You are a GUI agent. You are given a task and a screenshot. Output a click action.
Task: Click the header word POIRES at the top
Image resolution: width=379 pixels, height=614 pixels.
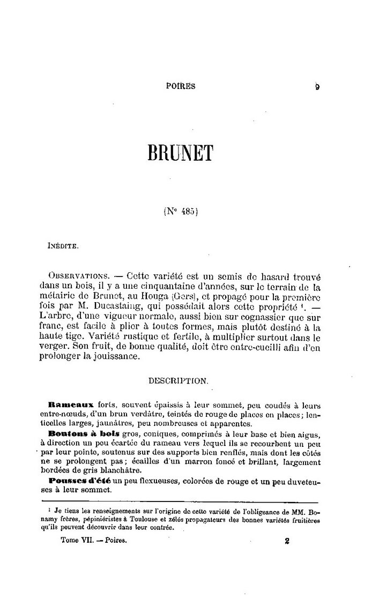181,85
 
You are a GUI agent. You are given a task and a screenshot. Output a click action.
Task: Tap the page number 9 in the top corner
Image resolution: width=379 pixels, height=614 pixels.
317,86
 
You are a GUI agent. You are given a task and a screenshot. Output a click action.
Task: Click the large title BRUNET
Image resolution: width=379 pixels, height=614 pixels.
180,152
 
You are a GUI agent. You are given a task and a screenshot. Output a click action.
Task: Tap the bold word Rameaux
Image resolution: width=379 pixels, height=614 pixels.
71,406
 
